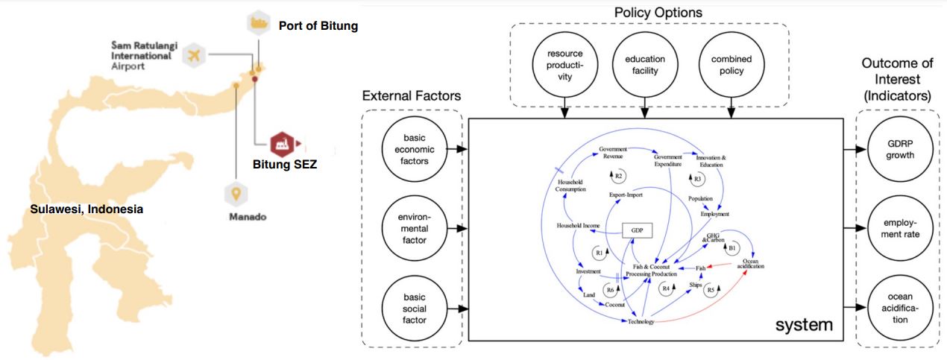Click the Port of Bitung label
tap(318, 26)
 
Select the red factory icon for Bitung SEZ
tap(282, 142)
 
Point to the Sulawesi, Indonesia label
tap(86, 209)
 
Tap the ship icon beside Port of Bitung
tap(259, 23)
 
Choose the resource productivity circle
tap(564, 66)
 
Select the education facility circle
tap(645, 66)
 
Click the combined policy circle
tap(732, 66)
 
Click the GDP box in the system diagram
tap(637, 231)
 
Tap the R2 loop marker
tap(618, 175)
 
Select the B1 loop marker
tap(732, 247)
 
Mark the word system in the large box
tap(803, 325)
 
